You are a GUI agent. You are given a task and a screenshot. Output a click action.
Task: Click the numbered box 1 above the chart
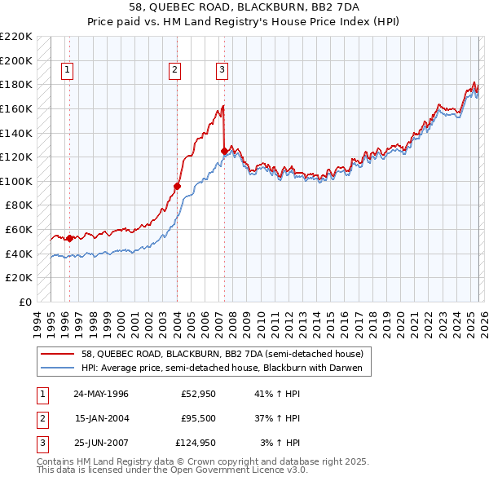(x=66, y=71)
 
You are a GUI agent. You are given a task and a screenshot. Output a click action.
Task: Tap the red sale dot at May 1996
(x=69, y=238)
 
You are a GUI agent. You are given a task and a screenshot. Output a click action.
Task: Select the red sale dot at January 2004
(x=176, y=187)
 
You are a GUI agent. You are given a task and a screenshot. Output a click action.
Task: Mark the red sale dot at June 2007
(x=224, y=151)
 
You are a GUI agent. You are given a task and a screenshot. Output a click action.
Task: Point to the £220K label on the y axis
(x=16, y=37)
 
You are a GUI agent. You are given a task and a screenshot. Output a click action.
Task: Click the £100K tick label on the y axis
(x=16, y=181)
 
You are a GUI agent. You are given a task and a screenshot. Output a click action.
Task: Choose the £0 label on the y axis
(x=26, y=302)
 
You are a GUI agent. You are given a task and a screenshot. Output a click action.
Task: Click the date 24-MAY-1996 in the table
(x=101, y=394)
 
